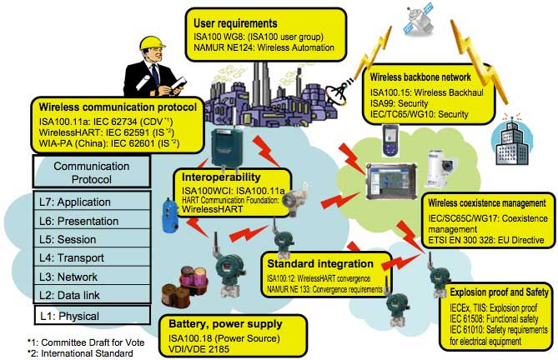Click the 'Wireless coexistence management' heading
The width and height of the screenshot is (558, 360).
pos(487,203)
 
